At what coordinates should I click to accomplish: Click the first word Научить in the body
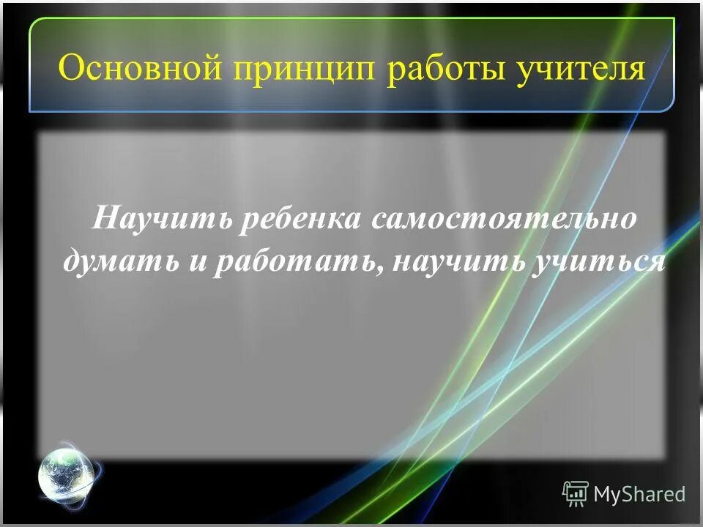[160, 220]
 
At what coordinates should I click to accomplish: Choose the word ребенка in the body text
[300, 220]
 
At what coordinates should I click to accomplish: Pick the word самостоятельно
[505, 220]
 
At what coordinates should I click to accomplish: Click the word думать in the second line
[120, 262]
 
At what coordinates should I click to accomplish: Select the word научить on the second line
[452, 262]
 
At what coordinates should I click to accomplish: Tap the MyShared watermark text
[639, 494]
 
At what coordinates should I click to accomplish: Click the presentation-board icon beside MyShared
[576, 493]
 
